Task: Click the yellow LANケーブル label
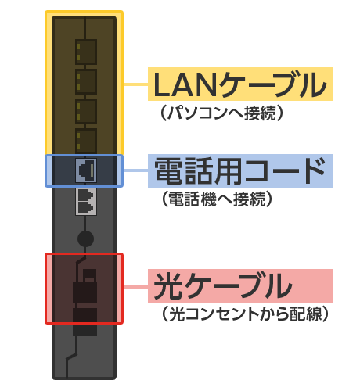[x=240, y=84]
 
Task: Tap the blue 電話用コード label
[x=240, y=170]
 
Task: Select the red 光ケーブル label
[x=240, y=285]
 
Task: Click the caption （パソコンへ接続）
[x=221, y=113]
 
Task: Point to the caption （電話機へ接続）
[x=217, y=199]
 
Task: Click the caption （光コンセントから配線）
[x=244, y=314]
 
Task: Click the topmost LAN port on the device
[x=86, y=52]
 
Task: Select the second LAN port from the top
[x=86, y=81]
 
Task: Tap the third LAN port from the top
[x=86, y=111]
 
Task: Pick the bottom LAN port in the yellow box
[x=86, y=141]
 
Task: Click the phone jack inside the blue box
[x=86, y=170]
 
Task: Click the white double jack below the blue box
[x=86, y=201]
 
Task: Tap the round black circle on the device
[x=85, y=239]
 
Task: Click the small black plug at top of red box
[x=89, y=275]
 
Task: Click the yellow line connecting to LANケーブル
[x=135, y=84]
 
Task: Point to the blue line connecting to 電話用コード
[x=135, y=170]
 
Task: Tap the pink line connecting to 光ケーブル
[x=135, y=287]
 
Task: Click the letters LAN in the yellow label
[x=185, y=84]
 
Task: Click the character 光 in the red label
[x=168, y=285]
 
